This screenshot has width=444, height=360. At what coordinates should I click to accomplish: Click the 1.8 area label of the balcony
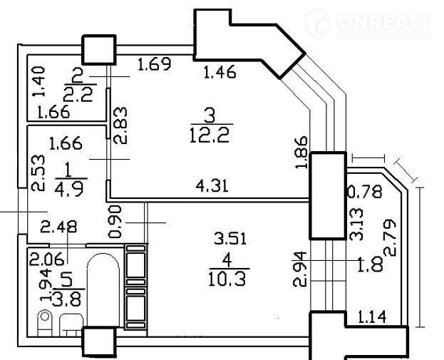[x=371, y=264]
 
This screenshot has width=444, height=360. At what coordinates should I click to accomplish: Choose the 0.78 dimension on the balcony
[x=364, y=192]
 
